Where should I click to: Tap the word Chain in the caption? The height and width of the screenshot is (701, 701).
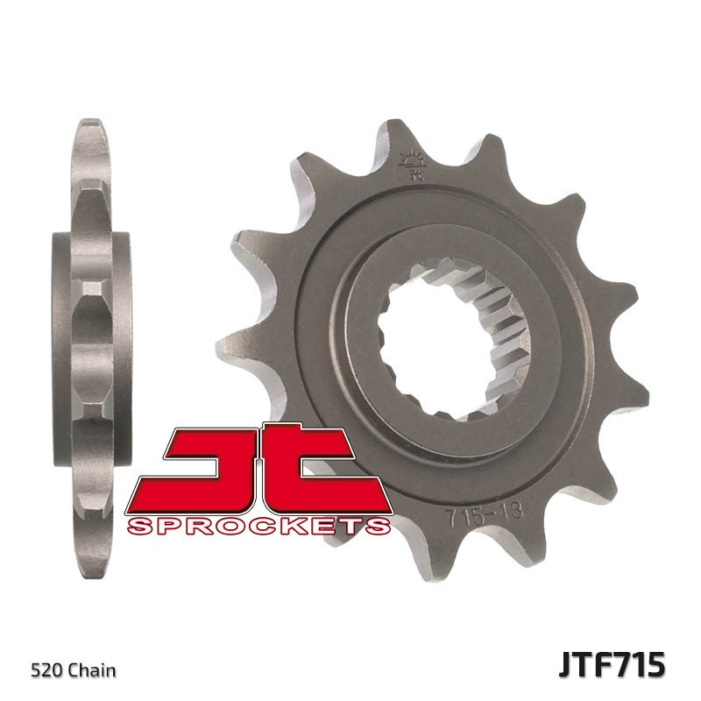[94, 671]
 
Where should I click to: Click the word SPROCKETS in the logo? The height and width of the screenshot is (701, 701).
[258, 526]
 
